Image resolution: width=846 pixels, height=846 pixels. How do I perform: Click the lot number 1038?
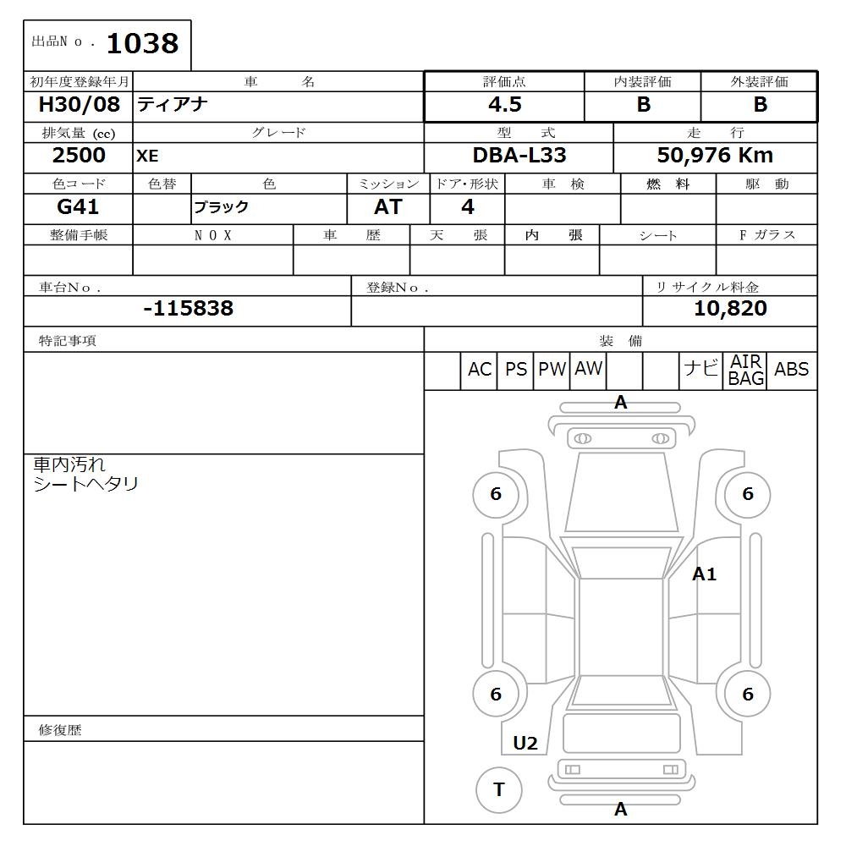pos(142,44)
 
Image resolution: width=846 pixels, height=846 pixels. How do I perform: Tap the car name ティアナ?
pos(173,105)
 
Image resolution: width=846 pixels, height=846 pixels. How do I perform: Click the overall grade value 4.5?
pos(504,105)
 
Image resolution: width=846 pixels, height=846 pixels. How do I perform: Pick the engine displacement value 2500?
pos(79,155)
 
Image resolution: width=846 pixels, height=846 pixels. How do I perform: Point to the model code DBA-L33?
pos(519,155)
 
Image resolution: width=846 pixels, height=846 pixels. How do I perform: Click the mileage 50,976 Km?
pos(715,155)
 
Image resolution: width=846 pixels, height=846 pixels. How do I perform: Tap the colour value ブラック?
pos(222,207)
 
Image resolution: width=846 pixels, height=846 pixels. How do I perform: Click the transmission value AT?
pos(387,206)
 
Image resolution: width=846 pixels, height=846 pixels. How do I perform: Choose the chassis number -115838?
pos(188,308)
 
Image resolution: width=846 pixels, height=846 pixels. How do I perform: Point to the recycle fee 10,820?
pos(730,308)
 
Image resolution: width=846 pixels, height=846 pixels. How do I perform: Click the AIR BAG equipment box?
pos(745,371)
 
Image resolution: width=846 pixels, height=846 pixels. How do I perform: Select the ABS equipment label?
pos(791,370)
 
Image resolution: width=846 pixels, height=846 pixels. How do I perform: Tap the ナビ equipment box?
pos(700,370)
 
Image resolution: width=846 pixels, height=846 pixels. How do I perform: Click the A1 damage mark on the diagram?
pos(704,574)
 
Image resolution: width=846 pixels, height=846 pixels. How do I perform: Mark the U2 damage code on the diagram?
pos(525,743)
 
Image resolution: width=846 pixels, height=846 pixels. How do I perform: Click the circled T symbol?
pos(498,789)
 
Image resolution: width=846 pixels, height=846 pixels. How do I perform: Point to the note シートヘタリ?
pos(85,484)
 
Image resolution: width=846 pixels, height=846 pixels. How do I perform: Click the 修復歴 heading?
pos(60,729)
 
